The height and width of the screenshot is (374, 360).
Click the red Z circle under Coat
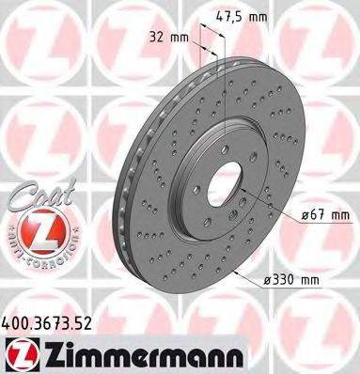tap(38, 231)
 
